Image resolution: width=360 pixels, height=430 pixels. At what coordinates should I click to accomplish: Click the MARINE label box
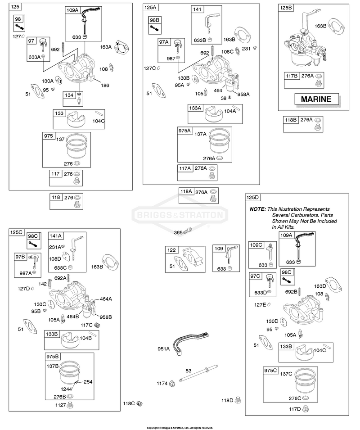pyautogui.click(x=316, y=99)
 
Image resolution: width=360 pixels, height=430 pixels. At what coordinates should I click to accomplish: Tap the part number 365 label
pyautogui.click(x=178, y=232)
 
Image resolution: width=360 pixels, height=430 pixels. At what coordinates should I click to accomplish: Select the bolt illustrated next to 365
pyautogui.click(x=188, y=231)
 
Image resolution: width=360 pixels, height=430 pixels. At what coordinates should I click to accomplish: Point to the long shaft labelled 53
pyautogui.click(x=198, y=373)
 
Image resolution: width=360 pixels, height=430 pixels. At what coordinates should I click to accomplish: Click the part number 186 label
pyautogui.click(x=105, y=85)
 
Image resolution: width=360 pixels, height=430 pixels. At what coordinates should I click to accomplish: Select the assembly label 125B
pyautogui.click(x=286, y=7)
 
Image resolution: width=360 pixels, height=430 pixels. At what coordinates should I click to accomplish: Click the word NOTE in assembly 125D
pyautogui.click(x=257, y=209)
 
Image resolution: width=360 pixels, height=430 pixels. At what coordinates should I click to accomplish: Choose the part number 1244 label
pyautogui.click(x=66, y=389)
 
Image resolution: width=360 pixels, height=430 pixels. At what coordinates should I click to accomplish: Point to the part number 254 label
pyautogui.click(x=88, y=382)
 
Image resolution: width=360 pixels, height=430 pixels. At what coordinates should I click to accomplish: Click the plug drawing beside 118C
pyautogui.click(x=139, y=403)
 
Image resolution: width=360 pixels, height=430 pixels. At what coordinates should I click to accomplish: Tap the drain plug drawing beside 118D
pyautogui.click(x=238, y=400)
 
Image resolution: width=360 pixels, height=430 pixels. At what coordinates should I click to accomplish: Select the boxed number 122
pyautogui.click(x=171, y=250)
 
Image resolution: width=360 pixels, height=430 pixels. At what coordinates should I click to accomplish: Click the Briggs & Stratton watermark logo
pyautogui.click(x=180, y=214)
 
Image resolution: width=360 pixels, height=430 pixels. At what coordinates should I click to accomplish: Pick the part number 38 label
pyautogui.click(x=224, y=98)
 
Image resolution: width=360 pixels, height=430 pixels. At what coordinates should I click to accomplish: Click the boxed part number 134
pyautogui.click(x=69, y=95)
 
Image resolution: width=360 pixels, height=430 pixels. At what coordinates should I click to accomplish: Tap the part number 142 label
pyautogui.click(x=42, y=284)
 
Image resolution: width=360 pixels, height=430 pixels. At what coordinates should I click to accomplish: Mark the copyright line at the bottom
pyautogui.click(x=180, y=428)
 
